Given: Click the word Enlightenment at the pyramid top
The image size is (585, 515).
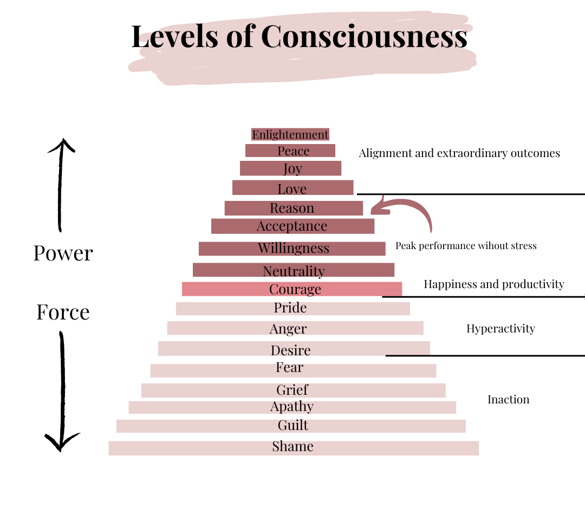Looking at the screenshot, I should [290, 134].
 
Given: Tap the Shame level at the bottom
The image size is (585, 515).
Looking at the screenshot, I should [293, 447].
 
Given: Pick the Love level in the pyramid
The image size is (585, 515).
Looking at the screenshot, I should [292, 188].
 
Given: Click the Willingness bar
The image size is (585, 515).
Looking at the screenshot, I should [293, 249].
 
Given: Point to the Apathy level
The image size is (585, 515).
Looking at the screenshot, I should [292, 407].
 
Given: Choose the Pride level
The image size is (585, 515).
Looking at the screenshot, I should [291, 308].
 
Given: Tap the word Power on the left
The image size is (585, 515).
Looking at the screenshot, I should [63, 253].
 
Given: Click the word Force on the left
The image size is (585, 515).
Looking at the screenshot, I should [63, 312].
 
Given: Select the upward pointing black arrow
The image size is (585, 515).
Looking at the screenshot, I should [61, 184].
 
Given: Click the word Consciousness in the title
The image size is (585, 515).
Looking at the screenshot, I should [364, 37].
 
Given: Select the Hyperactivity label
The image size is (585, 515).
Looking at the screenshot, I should [500, 329].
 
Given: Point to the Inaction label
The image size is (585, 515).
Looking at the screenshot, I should [508, 400].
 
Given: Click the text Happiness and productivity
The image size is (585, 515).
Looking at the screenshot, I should [493, 284].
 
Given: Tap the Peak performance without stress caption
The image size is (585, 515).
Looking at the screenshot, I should [466, 246].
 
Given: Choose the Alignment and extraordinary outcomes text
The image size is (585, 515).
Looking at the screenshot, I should [459, 153].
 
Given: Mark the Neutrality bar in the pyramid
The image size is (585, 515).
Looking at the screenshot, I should [294, 271].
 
